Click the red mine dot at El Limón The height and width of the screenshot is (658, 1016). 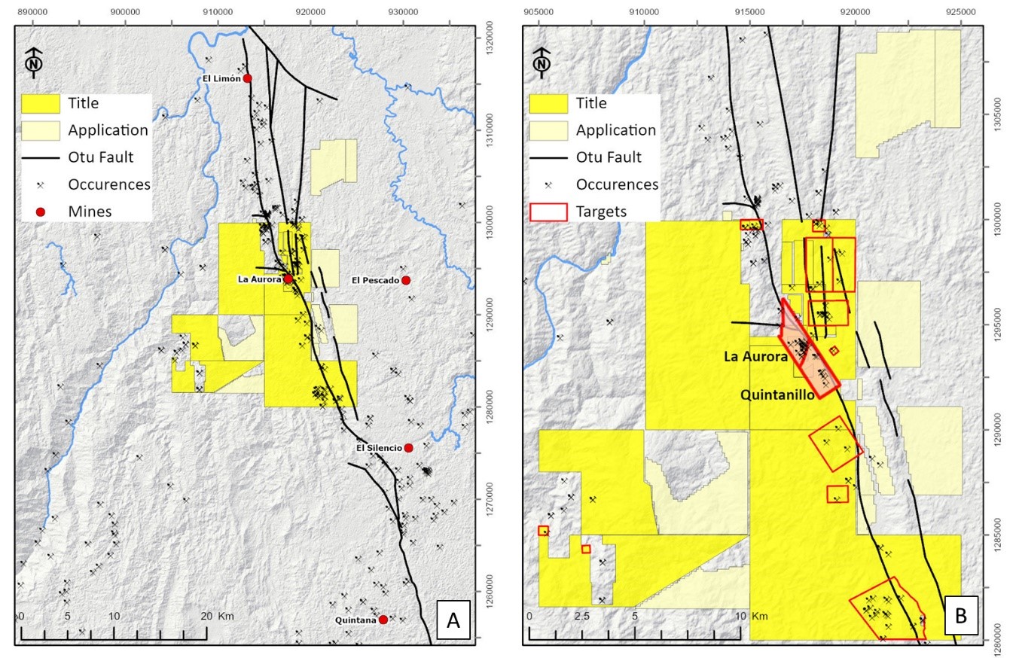coord(247,78)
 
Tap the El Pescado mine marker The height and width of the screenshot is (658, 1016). coord(406,280)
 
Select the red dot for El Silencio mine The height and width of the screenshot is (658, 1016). coord(408,448)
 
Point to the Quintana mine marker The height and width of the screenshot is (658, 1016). coord(383,620)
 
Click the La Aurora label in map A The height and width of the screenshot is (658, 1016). coord(259,279)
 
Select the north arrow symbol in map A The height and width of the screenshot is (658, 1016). coord(34,60)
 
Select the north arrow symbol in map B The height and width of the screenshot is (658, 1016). coord(542,60)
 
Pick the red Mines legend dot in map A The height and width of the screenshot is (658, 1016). coord(41,212)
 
